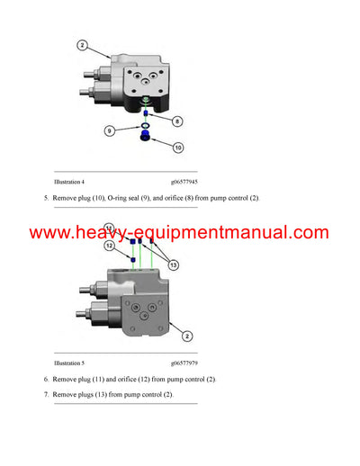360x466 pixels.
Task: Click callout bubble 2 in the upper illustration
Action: point(82,45)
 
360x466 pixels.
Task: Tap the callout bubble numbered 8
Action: point(177,120)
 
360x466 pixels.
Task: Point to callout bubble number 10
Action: point(177,148)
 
